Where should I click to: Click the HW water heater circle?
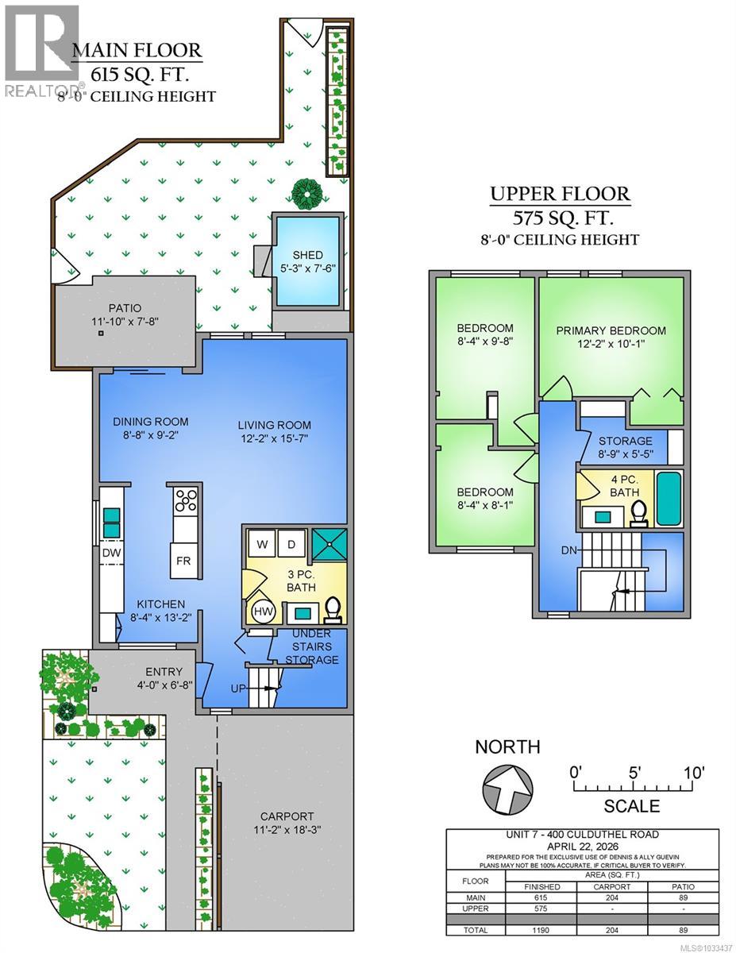pos(263,612)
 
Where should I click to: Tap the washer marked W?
pos(261,545)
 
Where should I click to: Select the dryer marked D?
pos(291,545)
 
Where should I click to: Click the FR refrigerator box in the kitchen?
pos(183,561)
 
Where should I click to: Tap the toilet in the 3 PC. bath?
pos(333,608)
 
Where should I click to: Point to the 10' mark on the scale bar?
pos(692,773)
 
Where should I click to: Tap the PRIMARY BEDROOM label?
pos(611,330)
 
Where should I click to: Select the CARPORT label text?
pos(287,816)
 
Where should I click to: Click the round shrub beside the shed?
pos(306,191)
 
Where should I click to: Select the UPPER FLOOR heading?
pos(560,193)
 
